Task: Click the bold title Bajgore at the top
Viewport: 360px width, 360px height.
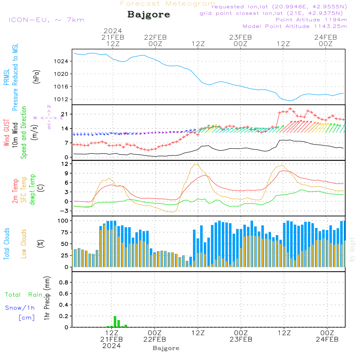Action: coord(149,14)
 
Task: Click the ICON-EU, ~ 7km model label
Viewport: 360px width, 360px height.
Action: coord(46,20)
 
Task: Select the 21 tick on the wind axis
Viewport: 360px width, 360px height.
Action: coord(64,114)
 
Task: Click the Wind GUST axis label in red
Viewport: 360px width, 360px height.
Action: coord(6,132)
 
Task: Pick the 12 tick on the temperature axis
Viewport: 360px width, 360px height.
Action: coord(65,164)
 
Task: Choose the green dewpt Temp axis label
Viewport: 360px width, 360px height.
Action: coord(32,189)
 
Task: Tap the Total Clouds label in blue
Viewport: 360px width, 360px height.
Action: coord(6,244)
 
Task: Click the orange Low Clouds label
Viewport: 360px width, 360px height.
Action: coord(24,244)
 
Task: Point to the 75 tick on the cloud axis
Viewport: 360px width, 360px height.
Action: coord(64,232)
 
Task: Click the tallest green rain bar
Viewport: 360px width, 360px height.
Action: coord(115,321)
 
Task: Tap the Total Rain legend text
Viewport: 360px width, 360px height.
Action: coord(24,295)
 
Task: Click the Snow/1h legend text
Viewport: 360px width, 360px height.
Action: coord(20,308)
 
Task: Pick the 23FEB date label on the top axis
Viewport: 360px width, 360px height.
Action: coord(240,37)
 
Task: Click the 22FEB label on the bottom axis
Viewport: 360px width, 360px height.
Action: coord(154,339)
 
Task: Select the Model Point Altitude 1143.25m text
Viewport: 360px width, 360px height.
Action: coord(295,26)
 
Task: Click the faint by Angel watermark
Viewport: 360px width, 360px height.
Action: coord(352,249)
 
